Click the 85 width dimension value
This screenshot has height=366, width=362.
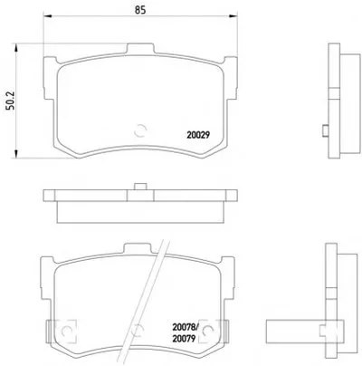click(140, 10)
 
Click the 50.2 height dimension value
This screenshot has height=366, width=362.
click(10, 101)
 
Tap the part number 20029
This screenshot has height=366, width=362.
click(198, 135)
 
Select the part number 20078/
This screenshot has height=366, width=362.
click(186, 327)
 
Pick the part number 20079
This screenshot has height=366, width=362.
click(184, 339)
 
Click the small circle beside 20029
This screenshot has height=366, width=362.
click(140, 130)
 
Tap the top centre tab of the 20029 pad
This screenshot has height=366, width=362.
click(140, 48)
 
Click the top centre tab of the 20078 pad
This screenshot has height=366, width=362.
click(137, 249)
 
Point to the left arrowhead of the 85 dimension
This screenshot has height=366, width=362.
click(48, 15)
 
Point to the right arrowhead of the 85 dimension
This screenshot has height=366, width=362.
click(233, 15)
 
